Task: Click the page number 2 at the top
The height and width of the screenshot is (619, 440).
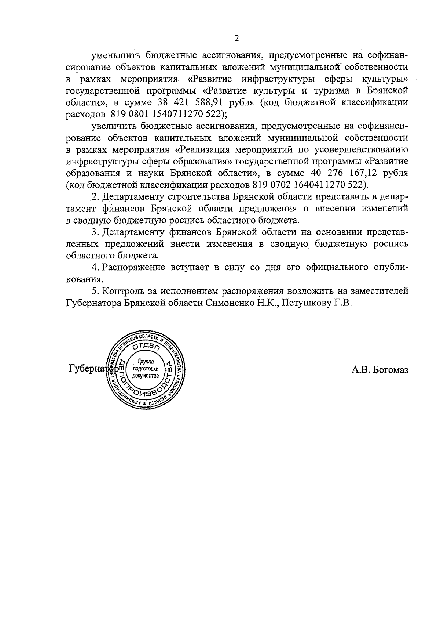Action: click(x=236, y=38)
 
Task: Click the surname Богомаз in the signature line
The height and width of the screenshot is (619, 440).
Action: click(x=390, y=370)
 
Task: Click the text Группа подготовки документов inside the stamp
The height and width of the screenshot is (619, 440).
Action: click(x=146, y=369)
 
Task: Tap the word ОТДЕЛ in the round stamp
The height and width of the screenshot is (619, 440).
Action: click(x=146, y=347)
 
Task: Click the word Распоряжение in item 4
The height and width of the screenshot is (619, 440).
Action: click(x=134, y=267)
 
